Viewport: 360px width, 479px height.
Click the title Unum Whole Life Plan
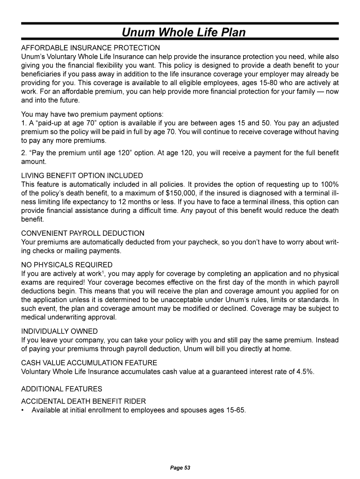click(x=183, y=32)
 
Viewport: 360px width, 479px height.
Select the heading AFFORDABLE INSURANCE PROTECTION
click(x=91, y=48)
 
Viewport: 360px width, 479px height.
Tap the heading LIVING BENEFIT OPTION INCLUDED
click(x=82, y=175)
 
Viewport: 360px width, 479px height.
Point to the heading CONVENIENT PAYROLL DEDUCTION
click(x=83, y=233)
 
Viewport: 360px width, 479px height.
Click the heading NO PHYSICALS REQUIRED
click(x=67, y=265)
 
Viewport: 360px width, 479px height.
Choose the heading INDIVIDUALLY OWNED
click(x=58, y=331)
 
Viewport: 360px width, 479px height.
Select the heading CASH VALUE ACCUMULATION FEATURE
click(x=89, y=363)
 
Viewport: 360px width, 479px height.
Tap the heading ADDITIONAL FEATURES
click(x=62, y=389)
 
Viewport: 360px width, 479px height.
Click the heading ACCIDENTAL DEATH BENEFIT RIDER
click(x=84, y=401)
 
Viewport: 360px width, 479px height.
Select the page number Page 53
click(x=180, y=468)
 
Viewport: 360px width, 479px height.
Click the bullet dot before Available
click(x=23, y=410)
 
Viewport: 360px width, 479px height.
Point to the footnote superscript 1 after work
click(x=103, y=272)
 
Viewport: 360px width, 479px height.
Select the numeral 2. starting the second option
click(x=24, y=153)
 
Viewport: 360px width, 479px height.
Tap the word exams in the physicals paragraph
click(x=31, y=283)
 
